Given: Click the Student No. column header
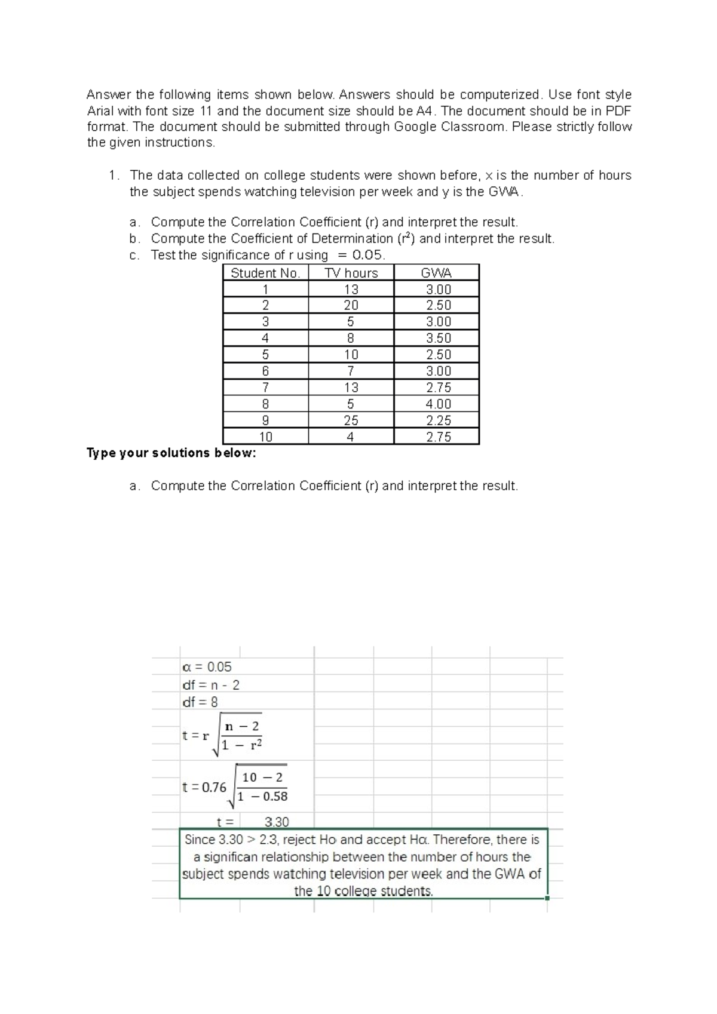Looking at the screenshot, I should pos(265,273).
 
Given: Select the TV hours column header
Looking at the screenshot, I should pos(351,273).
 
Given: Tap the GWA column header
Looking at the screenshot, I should pos(436,273).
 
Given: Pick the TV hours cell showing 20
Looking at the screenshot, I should pos(351,305).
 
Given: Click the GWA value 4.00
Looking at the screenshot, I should pos(438,404).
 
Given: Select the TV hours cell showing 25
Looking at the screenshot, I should pos(351,420).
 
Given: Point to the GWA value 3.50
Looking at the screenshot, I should pos(438,338).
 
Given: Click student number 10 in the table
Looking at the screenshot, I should pos(265,437).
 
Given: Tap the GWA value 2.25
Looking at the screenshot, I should pos(438,420).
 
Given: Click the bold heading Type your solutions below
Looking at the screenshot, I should pos(171,453).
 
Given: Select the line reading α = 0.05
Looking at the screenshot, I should pos(207,667).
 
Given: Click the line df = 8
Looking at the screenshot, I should pos(200,702).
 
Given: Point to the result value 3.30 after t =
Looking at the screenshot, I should pos(277,822).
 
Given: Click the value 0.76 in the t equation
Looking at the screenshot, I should pos(214,787).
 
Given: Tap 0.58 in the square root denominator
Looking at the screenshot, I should pos(275,797).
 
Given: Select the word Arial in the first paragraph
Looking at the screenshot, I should pos(101,110).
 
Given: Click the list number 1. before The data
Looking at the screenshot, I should pos(114,176).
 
